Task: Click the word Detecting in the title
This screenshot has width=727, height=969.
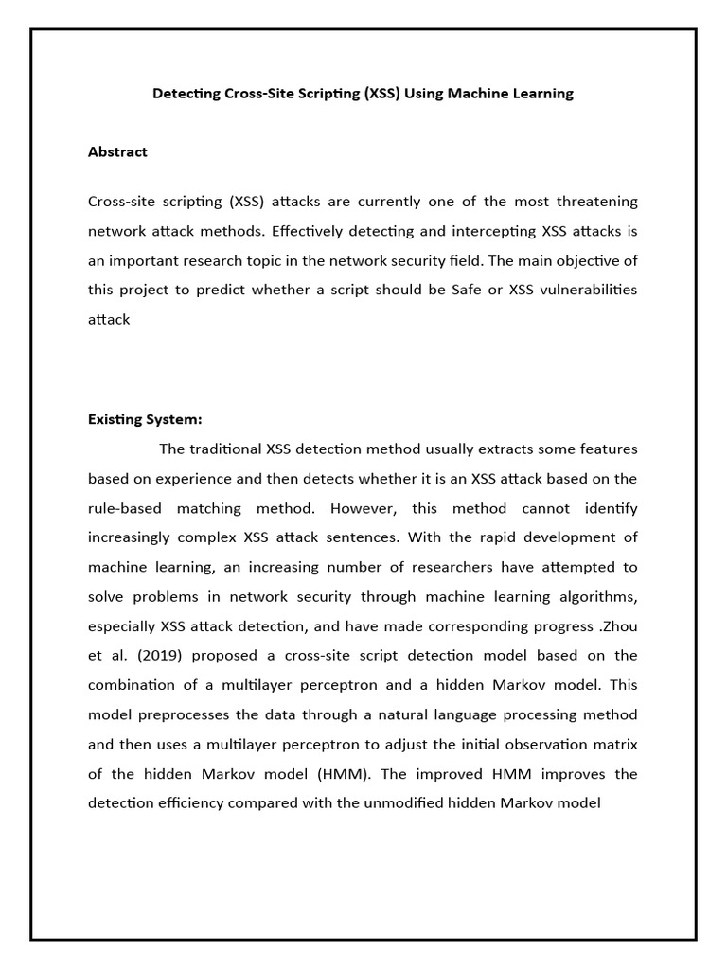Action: point(186,94)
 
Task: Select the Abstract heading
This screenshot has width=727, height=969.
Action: point(117,151)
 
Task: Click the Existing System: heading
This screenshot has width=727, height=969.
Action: point(145,419)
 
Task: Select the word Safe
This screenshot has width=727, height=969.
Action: point(473,290)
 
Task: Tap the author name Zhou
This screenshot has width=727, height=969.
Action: point(617,626)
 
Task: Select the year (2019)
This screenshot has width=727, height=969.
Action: point(143,656)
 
